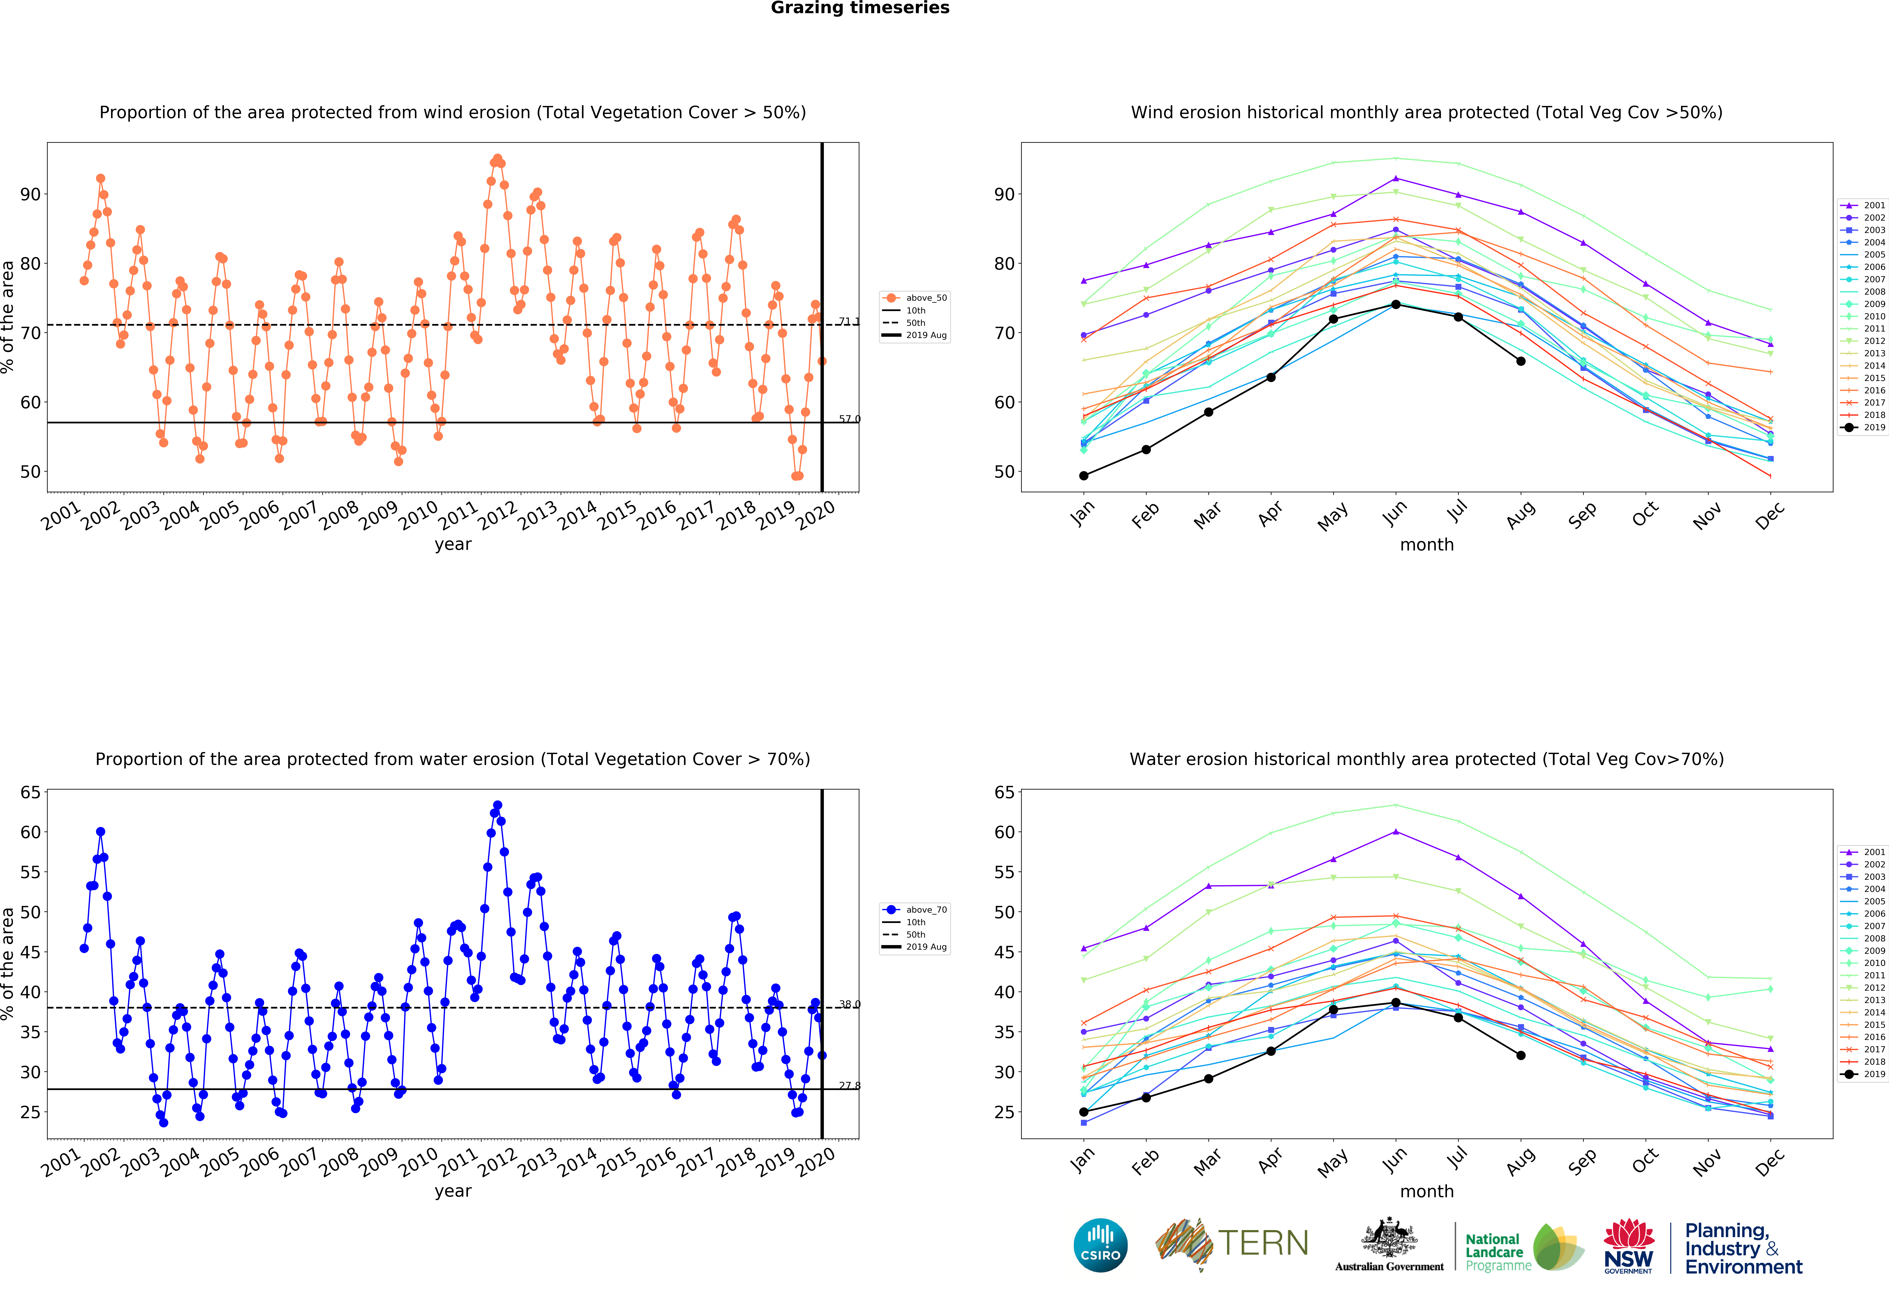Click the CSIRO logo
(1101, 1245)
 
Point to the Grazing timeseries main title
(860, 8)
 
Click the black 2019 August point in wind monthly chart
(1521, 361)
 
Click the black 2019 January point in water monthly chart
(1084, 1112)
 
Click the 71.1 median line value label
(849, 322)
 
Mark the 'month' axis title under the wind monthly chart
(1426, 545)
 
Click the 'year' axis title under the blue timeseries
(453, 1192)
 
